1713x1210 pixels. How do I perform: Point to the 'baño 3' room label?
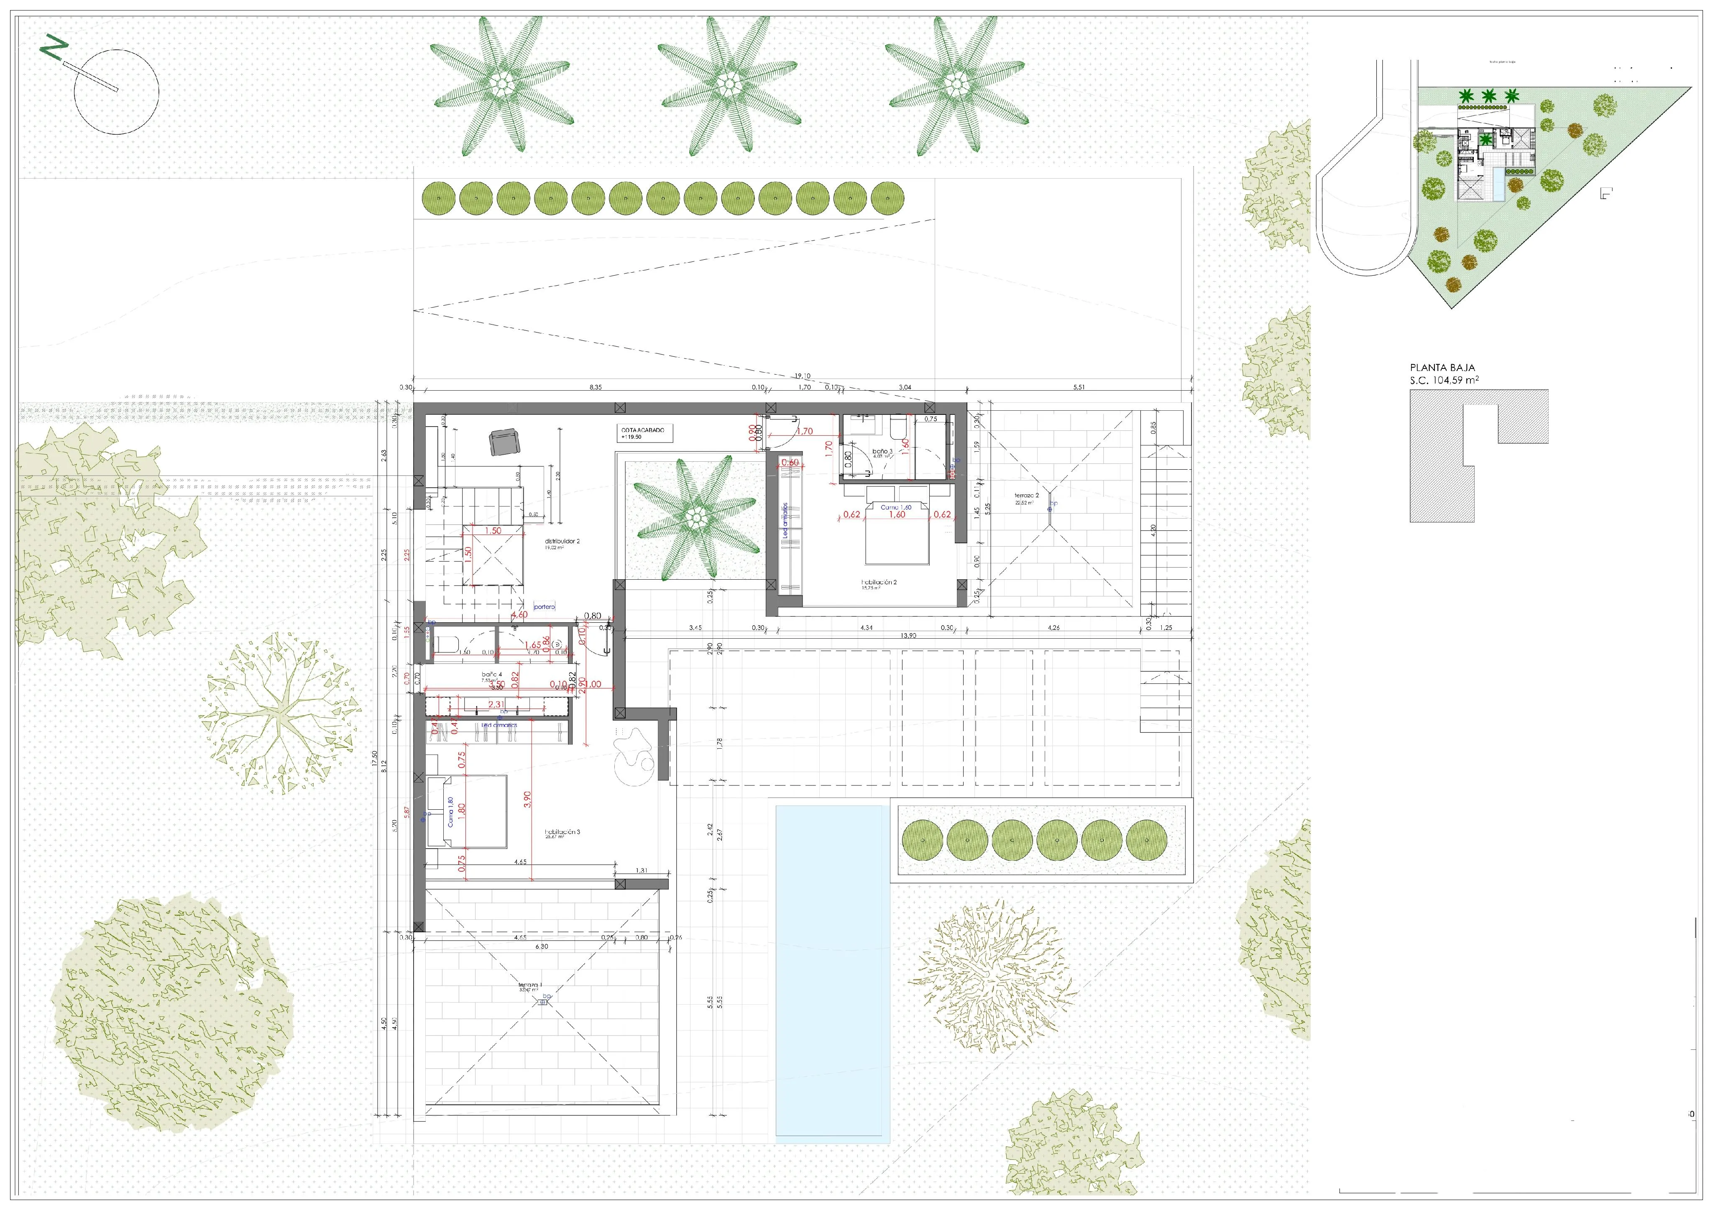(882, 452)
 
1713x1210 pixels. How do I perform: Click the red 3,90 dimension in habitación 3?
(527, 799)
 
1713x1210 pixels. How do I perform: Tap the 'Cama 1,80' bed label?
(450, 812)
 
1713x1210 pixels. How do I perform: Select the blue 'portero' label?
(545, 607)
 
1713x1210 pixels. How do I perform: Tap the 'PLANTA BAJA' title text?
(1442, 368)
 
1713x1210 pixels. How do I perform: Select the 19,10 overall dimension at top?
(802, 377)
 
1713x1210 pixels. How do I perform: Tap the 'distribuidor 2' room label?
(562, 542)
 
